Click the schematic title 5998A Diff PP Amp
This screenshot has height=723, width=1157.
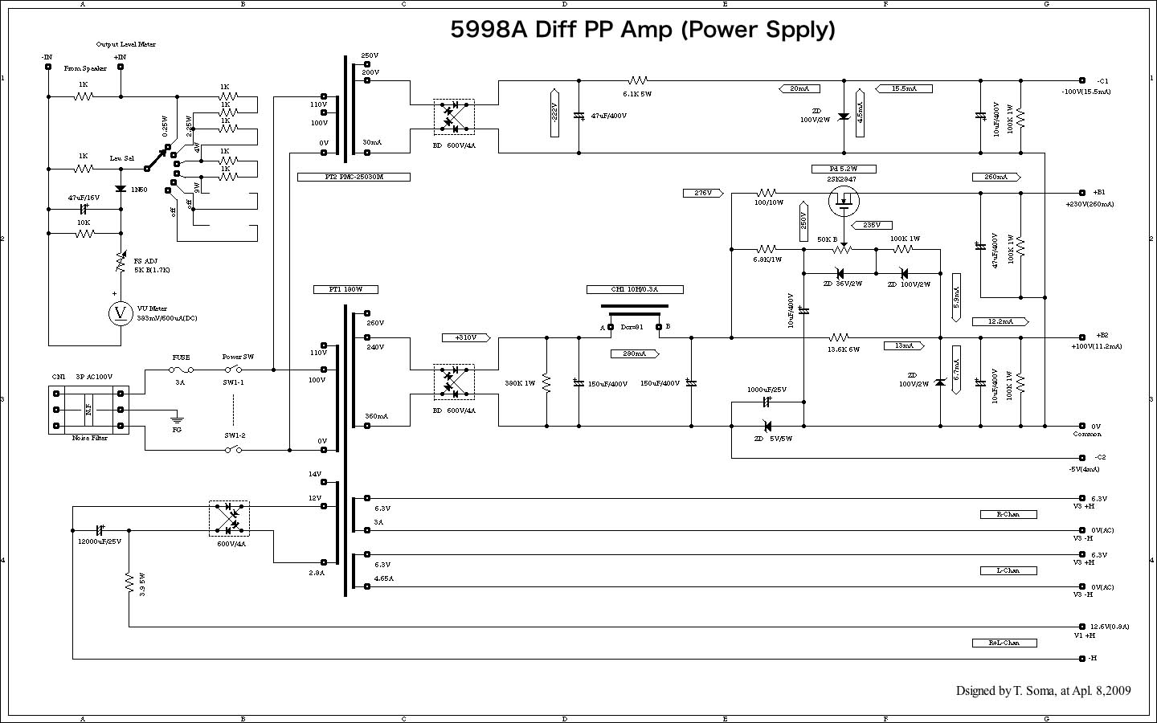642,30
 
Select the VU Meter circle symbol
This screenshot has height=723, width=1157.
121,314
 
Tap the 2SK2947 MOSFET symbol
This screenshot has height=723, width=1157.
844,200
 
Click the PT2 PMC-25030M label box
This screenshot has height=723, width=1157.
354,177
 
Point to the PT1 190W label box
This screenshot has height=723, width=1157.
345,289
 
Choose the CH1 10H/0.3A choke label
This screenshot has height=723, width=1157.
635,289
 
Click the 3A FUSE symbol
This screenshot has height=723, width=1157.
181,370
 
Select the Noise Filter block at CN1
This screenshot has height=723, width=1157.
88,410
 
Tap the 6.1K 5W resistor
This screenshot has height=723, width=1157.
637,80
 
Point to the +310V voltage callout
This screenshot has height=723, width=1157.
464,337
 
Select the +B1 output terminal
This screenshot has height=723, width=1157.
1083,193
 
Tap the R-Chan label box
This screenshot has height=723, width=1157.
1008,514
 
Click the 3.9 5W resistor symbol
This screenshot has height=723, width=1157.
129,582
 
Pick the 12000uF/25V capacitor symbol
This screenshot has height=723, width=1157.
100,530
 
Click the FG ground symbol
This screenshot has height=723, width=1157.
177,419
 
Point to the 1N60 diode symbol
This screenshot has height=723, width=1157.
121,189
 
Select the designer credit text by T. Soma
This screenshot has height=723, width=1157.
1043,691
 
